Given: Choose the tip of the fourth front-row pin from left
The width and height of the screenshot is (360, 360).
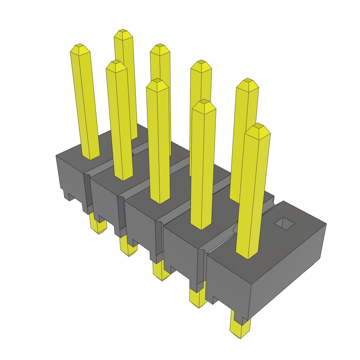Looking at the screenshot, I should point(204,102).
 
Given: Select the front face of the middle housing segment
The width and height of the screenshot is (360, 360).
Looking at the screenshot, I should point(141,225).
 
